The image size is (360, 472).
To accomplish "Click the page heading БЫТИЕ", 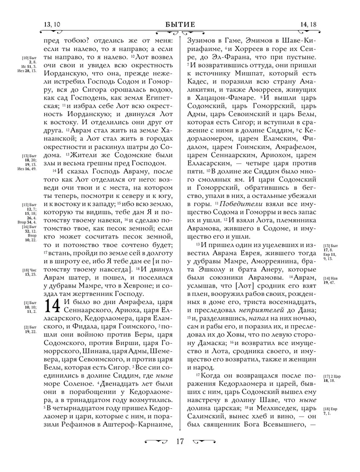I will [180, 25].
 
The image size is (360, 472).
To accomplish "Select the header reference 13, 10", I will [52, 25].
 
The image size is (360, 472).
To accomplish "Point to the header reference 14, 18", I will [308, 25].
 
